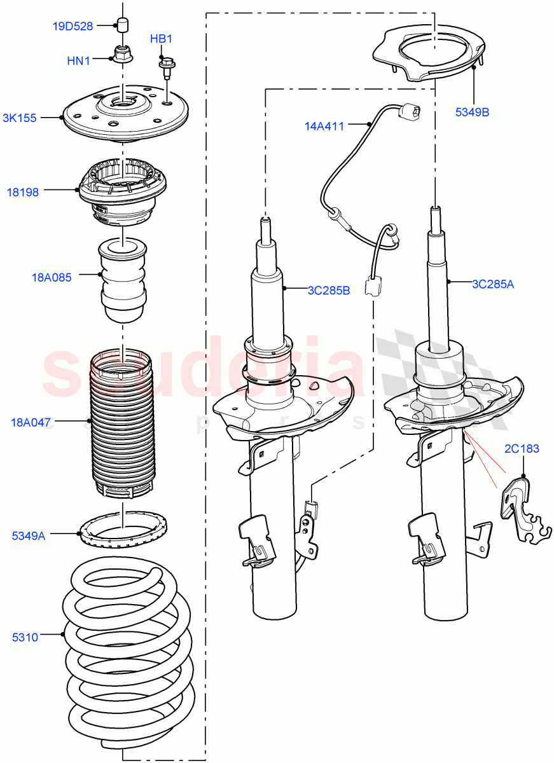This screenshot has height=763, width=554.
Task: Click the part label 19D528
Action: pyautogui.click(x=73, y=26)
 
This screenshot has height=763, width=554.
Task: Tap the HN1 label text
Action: pyautogui.click(x=79, y=60)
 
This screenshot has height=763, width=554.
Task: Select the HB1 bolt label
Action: pyautogui.click(x=161, y=39)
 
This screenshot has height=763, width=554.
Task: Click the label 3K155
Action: pyautogui.click(x=19, y=118)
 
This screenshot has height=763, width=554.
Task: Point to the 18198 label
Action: pyautogui.click(x=23, y=191)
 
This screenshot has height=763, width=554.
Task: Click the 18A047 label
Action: pyautogui.click(x=31, y=422)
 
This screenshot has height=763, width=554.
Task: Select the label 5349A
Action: pyautogui.click(x=29, y=536)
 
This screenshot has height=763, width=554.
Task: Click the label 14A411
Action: pyautogui.click(x=324, y=127)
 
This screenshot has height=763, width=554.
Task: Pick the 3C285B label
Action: pyautogui.click(x=329, y=291)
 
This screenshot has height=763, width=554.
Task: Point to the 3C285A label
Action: pyautogui.click(x=492, y=284)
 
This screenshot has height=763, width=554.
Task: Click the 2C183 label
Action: pyautogui.click(x=522, y=449)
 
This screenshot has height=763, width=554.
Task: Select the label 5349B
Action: pyautogui.click(x=471, y=112)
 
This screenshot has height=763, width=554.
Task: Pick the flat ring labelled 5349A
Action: pyautogui.click(x=123, y=527)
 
